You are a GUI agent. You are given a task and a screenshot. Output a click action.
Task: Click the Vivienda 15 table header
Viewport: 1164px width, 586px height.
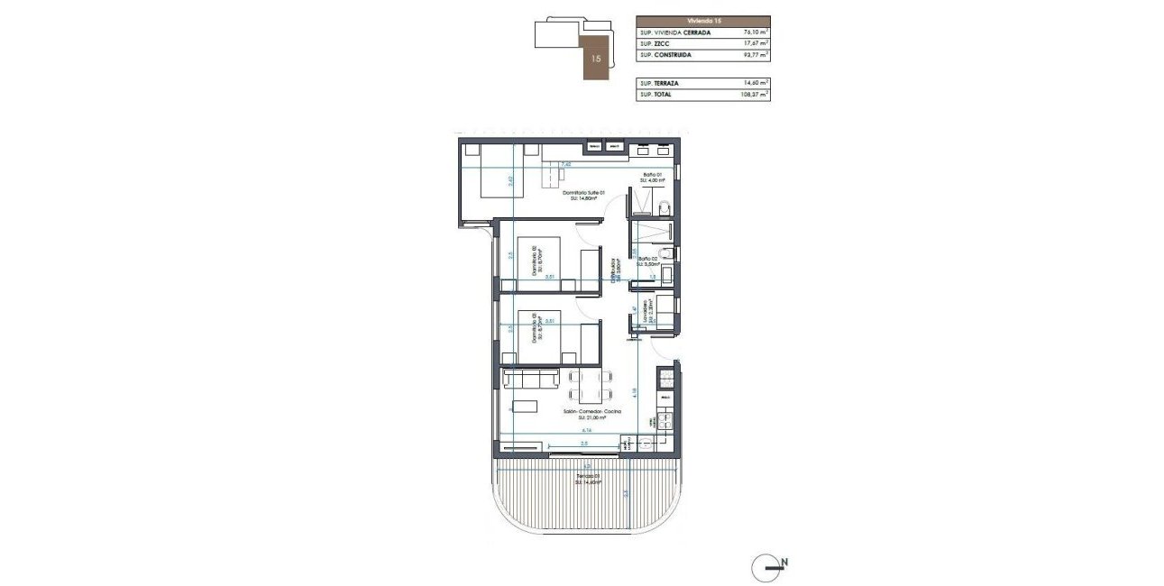[x=702, y=20]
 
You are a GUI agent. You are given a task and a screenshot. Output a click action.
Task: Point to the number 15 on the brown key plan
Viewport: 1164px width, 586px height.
[x=595, y=57]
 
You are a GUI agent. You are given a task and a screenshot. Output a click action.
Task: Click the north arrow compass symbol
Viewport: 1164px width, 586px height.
[x=768, y=567]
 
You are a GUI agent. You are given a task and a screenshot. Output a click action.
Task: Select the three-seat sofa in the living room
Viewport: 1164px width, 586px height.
[x=533, y=379]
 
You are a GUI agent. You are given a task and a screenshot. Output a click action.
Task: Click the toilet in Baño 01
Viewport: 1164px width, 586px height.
[x=665, y=209]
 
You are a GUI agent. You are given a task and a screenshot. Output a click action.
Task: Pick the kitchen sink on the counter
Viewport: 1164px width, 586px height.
[x=665, y=418]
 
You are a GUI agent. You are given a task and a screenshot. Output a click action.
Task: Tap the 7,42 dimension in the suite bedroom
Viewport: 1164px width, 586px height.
[x=565, y=165]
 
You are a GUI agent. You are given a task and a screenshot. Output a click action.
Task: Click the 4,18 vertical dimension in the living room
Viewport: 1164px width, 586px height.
[x=635, y=393]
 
